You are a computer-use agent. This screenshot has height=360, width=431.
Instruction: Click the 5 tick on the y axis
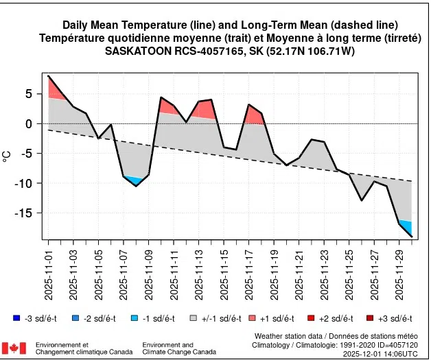(x=30, y=94)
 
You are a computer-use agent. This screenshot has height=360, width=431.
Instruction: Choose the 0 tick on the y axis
(x=30, y=123)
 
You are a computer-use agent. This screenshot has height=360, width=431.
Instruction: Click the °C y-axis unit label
(x=8, y=156)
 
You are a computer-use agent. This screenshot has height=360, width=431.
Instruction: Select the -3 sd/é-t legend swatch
(x=16, y=318)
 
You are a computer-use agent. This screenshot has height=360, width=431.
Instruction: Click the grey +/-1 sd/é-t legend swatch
(x=194, y=318)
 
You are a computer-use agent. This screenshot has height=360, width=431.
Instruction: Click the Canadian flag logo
(x=14, y=348)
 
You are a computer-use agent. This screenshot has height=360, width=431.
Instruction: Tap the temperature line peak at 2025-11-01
(x=49, y=76)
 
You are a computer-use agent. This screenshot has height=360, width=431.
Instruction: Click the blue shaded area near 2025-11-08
(x=135, y=181)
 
